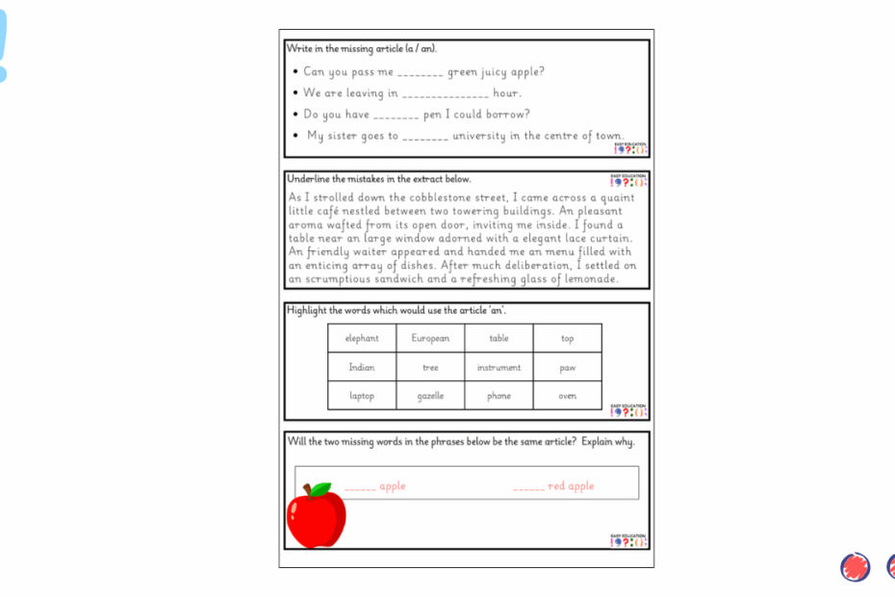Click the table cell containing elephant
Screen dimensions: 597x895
(x=362, y=339)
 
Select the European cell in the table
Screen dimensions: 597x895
(x=430, y=339)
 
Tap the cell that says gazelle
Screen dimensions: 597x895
(x=430, y=396)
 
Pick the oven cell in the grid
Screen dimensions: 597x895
(x=568, y=396)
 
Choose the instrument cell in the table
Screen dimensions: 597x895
(x=499, y=368)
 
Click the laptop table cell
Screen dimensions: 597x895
(x=362, y=396)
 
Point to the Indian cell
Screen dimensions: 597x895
(x=362, y=368)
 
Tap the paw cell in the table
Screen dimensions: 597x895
(x=568, y=368)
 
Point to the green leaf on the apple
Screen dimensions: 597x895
(x=321, y=489)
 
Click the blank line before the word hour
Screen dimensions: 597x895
(x=445, y=95)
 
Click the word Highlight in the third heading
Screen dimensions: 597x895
(x=307, y=310)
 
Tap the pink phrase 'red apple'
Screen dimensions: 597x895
(x=572, y=486)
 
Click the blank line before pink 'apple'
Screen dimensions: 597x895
(x=360, y=489)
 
